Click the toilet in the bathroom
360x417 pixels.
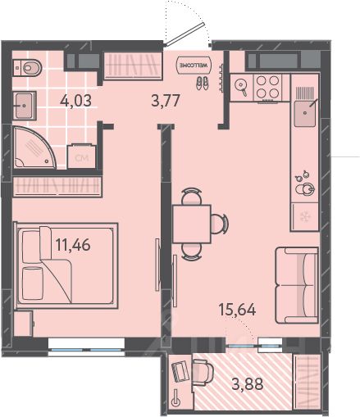coord(27,67)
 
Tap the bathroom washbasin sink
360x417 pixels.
coord(25,106)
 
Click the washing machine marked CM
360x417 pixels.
coord(82,156)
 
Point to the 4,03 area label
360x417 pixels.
coord(75,101)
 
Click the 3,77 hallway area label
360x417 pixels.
coord(166,100)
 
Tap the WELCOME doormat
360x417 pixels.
coord(194,66)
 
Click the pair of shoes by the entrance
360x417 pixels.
coord(202,83)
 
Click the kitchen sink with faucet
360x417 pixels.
coord(305,113)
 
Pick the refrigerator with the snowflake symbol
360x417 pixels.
coord(305,217)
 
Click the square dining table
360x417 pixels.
coord(192,224)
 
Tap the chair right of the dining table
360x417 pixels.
coord(220,223)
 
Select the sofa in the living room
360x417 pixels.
coord(297,285)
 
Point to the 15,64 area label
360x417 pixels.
coord(237,310)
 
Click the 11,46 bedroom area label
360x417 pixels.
coord(73,244)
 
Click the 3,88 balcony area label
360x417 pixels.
coord(248,383)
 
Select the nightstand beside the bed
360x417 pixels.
coord(23,324)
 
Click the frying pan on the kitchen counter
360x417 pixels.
coord(241,86)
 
